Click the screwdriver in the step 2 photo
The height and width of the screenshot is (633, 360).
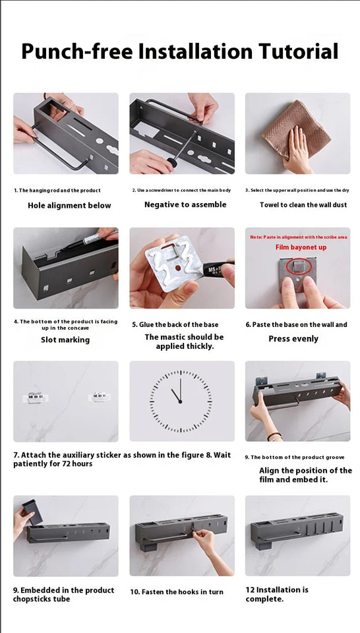coord(179,155)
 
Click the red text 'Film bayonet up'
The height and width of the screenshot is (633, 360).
coord(301,247)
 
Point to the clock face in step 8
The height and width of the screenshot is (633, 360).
coord(181,401)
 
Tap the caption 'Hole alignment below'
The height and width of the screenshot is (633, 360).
coord(69,206)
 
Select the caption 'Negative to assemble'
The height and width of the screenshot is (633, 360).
coord(185,205)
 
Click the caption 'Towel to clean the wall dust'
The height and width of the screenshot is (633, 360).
coord(303,205)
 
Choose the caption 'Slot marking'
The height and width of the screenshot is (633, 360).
coord(65,340)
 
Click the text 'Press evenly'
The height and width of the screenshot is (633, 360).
coord(293,339)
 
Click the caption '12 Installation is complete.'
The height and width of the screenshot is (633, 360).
coord(277,594)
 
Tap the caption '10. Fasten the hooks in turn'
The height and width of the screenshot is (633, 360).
coord(177,592)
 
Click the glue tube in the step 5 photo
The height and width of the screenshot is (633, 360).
coord(221,272)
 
